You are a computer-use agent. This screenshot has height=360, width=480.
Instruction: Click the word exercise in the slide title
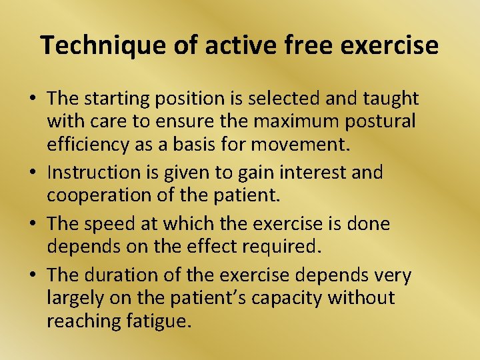(399, 46)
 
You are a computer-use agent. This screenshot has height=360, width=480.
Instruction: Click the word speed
(111, 225)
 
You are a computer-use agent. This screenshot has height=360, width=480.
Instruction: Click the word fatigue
(157, 322)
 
